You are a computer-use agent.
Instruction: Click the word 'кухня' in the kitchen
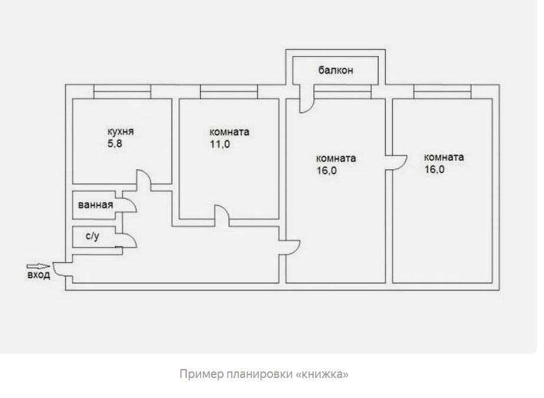(x=120, y=132)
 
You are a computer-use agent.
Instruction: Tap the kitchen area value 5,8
(x=115, y=143)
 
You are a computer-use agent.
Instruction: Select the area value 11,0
(x=220, y=144)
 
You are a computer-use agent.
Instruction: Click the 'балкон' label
(x=336, y=70)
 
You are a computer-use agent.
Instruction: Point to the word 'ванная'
(x=96, y=205)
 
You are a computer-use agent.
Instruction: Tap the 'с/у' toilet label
(x=92, y=236)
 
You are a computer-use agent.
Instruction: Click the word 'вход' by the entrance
(x=39, y=275)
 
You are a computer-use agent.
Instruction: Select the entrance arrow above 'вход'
(x=38, y=267)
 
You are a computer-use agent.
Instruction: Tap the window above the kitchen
(x=122, y=91)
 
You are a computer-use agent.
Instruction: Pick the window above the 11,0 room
(x=229, y=91)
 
